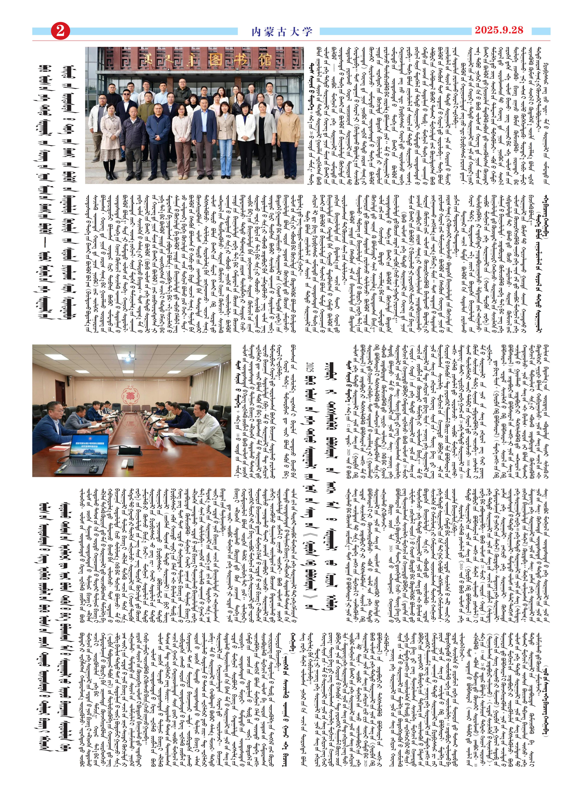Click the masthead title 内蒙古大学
tap(282, 32)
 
